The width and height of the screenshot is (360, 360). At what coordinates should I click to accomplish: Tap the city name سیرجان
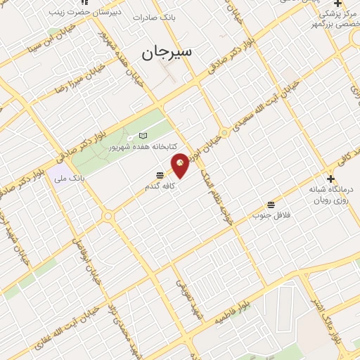(x=169, y=53)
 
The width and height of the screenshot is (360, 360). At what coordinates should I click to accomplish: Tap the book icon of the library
(x=143, y=136)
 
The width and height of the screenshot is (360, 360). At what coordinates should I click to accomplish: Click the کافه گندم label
(x=157, y=184)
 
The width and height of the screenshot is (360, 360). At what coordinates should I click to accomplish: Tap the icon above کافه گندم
(x=160, y=174)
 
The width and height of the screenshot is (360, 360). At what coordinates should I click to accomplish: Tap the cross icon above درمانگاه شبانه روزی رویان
(x=330, y=179)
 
